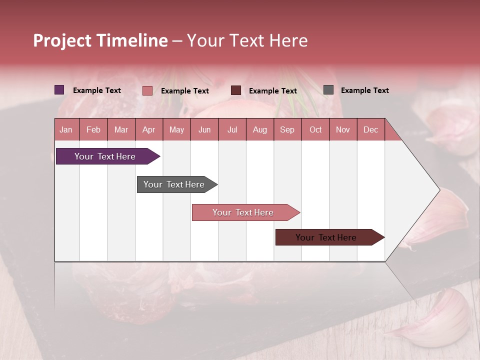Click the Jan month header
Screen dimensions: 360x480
click(66, 129)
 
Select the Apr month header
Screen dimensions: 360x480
click(149, 129)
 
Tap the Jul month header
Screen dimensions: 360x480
click(232, 129)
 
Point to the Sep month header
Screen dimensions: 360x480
click(287, 129)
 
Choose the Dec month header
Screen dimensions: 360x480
click(370, 129)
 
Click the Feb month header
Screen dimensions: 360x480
click(93, 129)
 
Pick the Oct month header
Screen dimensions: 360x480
click(315, 129)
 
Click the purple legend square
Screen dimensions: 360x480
click(59, 90)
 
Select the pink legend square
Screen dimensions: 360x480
click(147, 90)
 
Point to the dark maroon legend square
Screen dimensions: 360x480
click(236, 90)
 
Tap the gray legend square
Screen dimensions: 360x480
click(328, 90)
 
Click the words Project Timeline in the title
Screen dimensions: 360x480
click(100, 40)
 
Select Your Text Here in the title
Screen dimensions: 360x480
click(247, 40)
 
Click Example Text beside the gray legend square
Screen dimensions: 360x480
click(364, 90)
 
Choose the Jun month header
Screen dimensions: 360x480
click(204, 129)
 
